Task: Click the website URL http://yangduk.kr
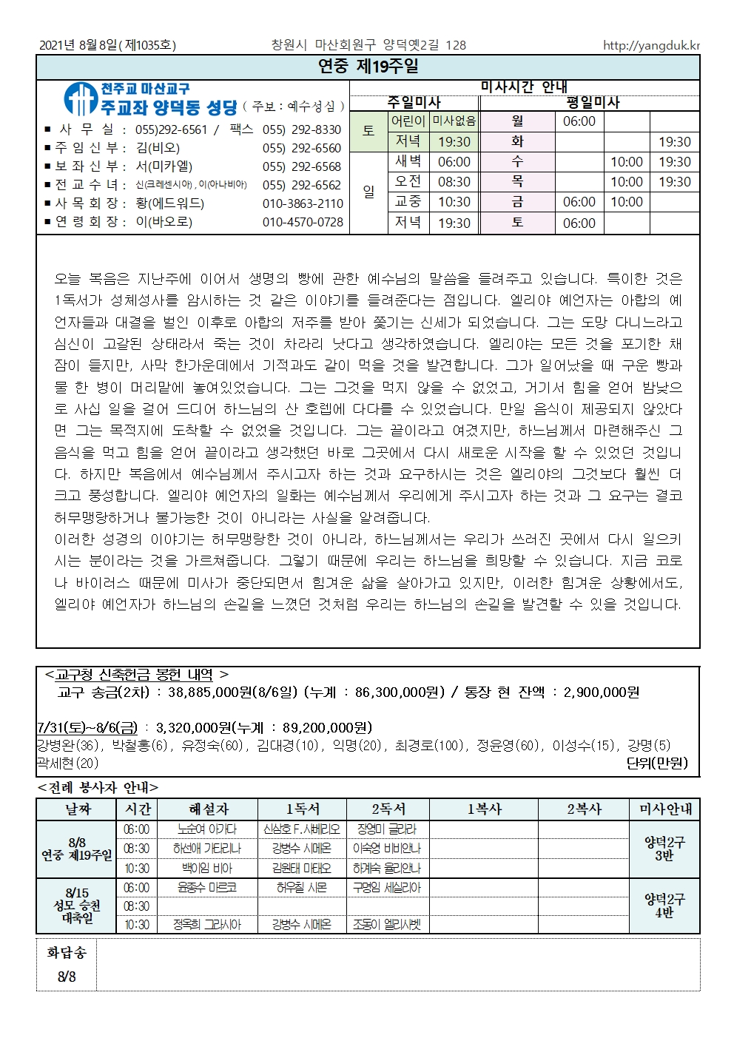[x=651, y=45]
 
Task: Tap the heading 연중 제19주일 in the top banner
[x=368, y=67]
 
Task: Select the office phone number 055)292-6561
[x=171, y=129]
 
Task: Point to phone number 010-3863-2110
[x=303, y=203]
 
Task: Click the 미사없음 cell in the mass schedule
[x=454, y=121]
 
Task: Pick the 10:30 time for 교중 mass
[x=454, y=202]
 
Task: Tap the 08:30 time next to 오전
[x=454, y=182]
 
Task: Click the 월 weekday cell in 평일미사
[x=517, y=121]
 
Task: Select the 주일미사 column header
[x=414, y=103]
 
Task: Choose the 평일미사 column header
[x=593, y=103]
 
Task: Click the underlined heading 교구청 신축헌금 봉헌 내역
[x=134, y=675]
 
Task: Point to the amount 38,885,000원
[x=209, y=692]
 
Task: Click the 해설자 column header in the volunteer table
[x=209, y=809]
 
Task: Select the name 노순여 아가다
[x=207, y=829]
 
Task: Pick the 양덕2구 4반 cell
[x=664, y=906]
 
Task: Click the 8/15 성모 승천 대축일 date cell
[x=77, y=906]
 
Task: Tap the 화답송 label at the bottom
[x=66, y=953]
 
